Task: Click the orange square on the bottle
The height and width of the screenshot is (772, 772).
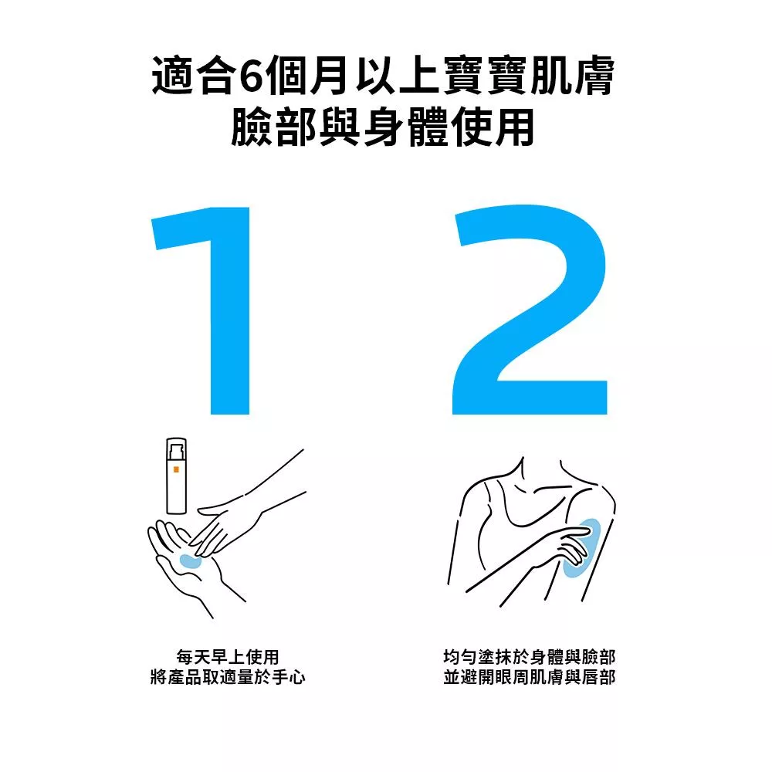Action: click(x=176, y=469)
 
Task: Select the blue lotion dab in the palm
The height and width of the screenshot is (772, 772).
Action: click(x=190, y=560)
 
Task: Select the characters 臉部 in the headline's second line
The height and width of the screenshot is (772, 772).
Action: click(x=273, y=127)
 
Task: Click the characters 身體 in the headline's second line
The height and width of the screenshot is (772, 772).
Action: click(x=406, y=127)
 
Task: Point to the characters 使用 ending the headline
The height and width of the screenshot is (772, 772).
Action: click(x=493, y=127)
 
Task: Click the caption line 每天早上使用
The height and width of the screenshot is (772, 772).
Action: click(x=228, y=657)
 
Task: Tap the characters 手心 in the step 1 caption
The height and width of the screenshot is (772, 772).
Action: click(x=289, y=678)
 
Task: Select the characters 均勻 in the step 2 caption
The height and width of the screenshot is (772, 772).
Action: click(x=460, y=657)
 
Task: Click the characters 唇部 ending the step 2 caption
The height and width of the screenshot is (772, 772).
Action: click(x=599, y=678)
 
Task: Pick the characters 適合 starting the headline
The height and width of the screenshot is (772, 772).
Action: click(x=192, y=76)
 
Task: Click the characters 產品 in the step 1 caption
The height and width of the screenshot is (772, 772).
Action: click(x=185, y=678)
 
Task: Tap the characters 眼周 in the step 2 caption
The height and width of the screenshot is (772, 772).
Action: click(x=512, y=678)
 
